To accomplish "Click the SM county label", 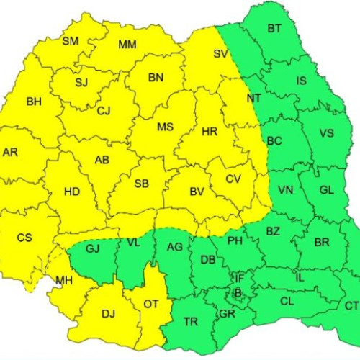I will [70, 41].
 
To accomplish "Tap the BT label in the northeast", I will [274, 29].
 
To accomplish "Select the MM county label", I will [127, 45].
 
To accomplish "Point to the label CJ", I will [104, 110].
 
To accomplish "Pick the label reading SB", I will [141, 184].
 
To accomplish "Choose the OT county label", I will [150, 305].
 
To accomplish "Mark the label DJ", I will [108, 313].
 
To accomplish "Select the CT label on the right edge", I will [351, 306].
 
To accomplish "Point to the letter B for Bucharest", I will [238, 292].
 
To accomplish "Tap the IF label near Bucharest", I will [239, 278].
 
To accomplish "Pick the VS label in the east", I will [326, 133].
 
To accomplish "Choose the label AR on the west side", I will [10, 153].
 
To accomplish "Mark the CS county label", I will [24, 238].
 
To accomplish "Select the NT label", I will [253, 98].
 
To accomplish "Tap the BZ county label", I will [272, 231].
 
